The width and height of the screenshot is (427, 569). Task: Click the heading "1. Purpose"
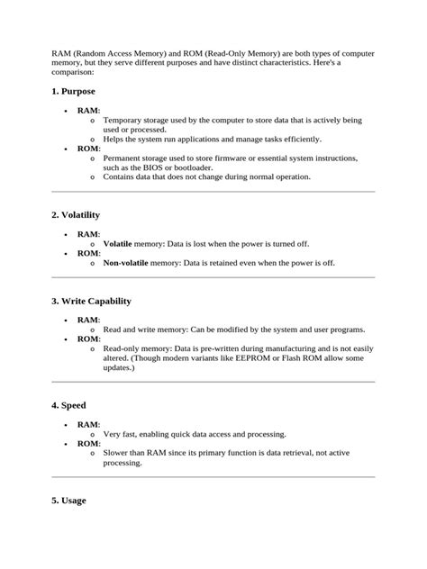click(73, 92)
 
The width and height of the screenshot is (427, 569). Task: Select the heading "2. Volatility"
click(76, 215)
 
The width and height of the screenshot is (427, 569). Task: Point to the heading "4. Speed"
click(68, 405)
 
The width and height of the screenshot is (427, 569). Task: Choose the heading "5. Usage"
click(68, 501)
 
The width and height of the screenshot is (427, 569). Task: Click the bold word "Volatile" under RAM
click(117, 243)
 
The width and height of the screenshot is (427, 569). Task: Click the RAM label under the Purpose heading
click(87, 111)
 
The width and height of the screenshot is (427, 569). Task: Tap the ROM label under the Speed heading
click(87, 443)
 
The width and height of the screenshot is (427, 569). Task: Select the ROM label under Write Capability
click(87, 339)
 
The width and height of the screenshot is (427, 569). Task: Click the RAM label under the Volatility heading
click(87, 234)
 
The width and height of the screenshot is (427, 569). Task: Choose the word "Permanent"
click(126, 158)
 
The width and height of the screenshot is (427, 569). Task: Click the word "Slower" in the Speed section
click(119, 453)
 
